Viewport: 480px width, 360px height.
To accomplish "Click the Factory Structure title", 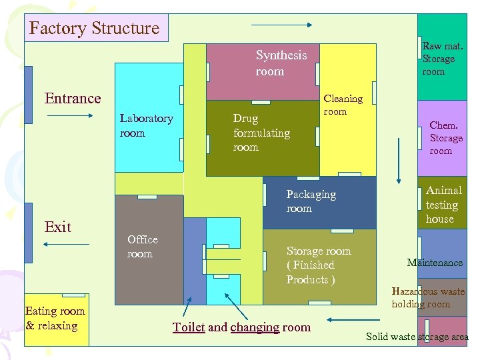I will tap(95, 29).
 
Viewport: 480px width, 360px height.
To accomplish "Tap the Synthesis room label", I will tap(281, 63).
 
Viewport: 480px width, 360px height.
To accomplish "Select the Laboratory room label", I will tap(146, 125).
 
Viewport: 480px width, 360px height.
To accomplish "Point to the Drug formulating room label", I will tap(261, 133).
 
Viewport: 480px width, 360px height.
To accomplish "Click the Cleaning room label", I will tap(343, 105).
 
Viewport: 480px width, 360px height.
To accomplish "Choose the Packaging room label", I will tap(311, 201).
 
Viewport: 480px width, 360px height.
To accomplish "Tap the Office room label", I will tap(143, 247).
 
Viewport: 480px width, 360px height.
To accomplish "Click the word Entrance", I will tap(73, 99).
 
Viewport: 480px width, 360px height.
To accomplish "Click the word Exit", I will tap(58, 227).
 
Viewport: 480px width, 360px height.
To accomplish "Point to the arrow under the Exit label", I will tap(65, 245).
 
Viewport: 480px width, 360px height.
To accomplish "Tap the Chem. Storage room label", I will tap(445, 138).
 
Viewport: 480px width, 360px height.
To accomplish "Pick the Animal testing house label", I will tap(443, 205).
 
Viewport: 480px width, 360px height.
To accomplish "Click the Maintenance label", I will tap(435, 263).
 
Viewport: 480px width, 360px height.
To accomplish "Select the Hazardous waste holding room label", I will tap(428, 297).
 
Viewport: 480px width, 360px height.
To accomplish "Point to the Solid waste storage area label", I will tap(417, 337).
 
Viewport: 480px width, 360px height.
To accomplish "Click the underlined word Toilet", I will tap(188, 327).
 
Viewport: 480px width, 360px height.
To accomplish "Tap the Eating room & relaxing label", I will tap(55, 318).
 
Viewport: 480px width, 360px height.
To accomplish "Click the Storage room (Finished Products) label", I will tap(318, 265).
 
